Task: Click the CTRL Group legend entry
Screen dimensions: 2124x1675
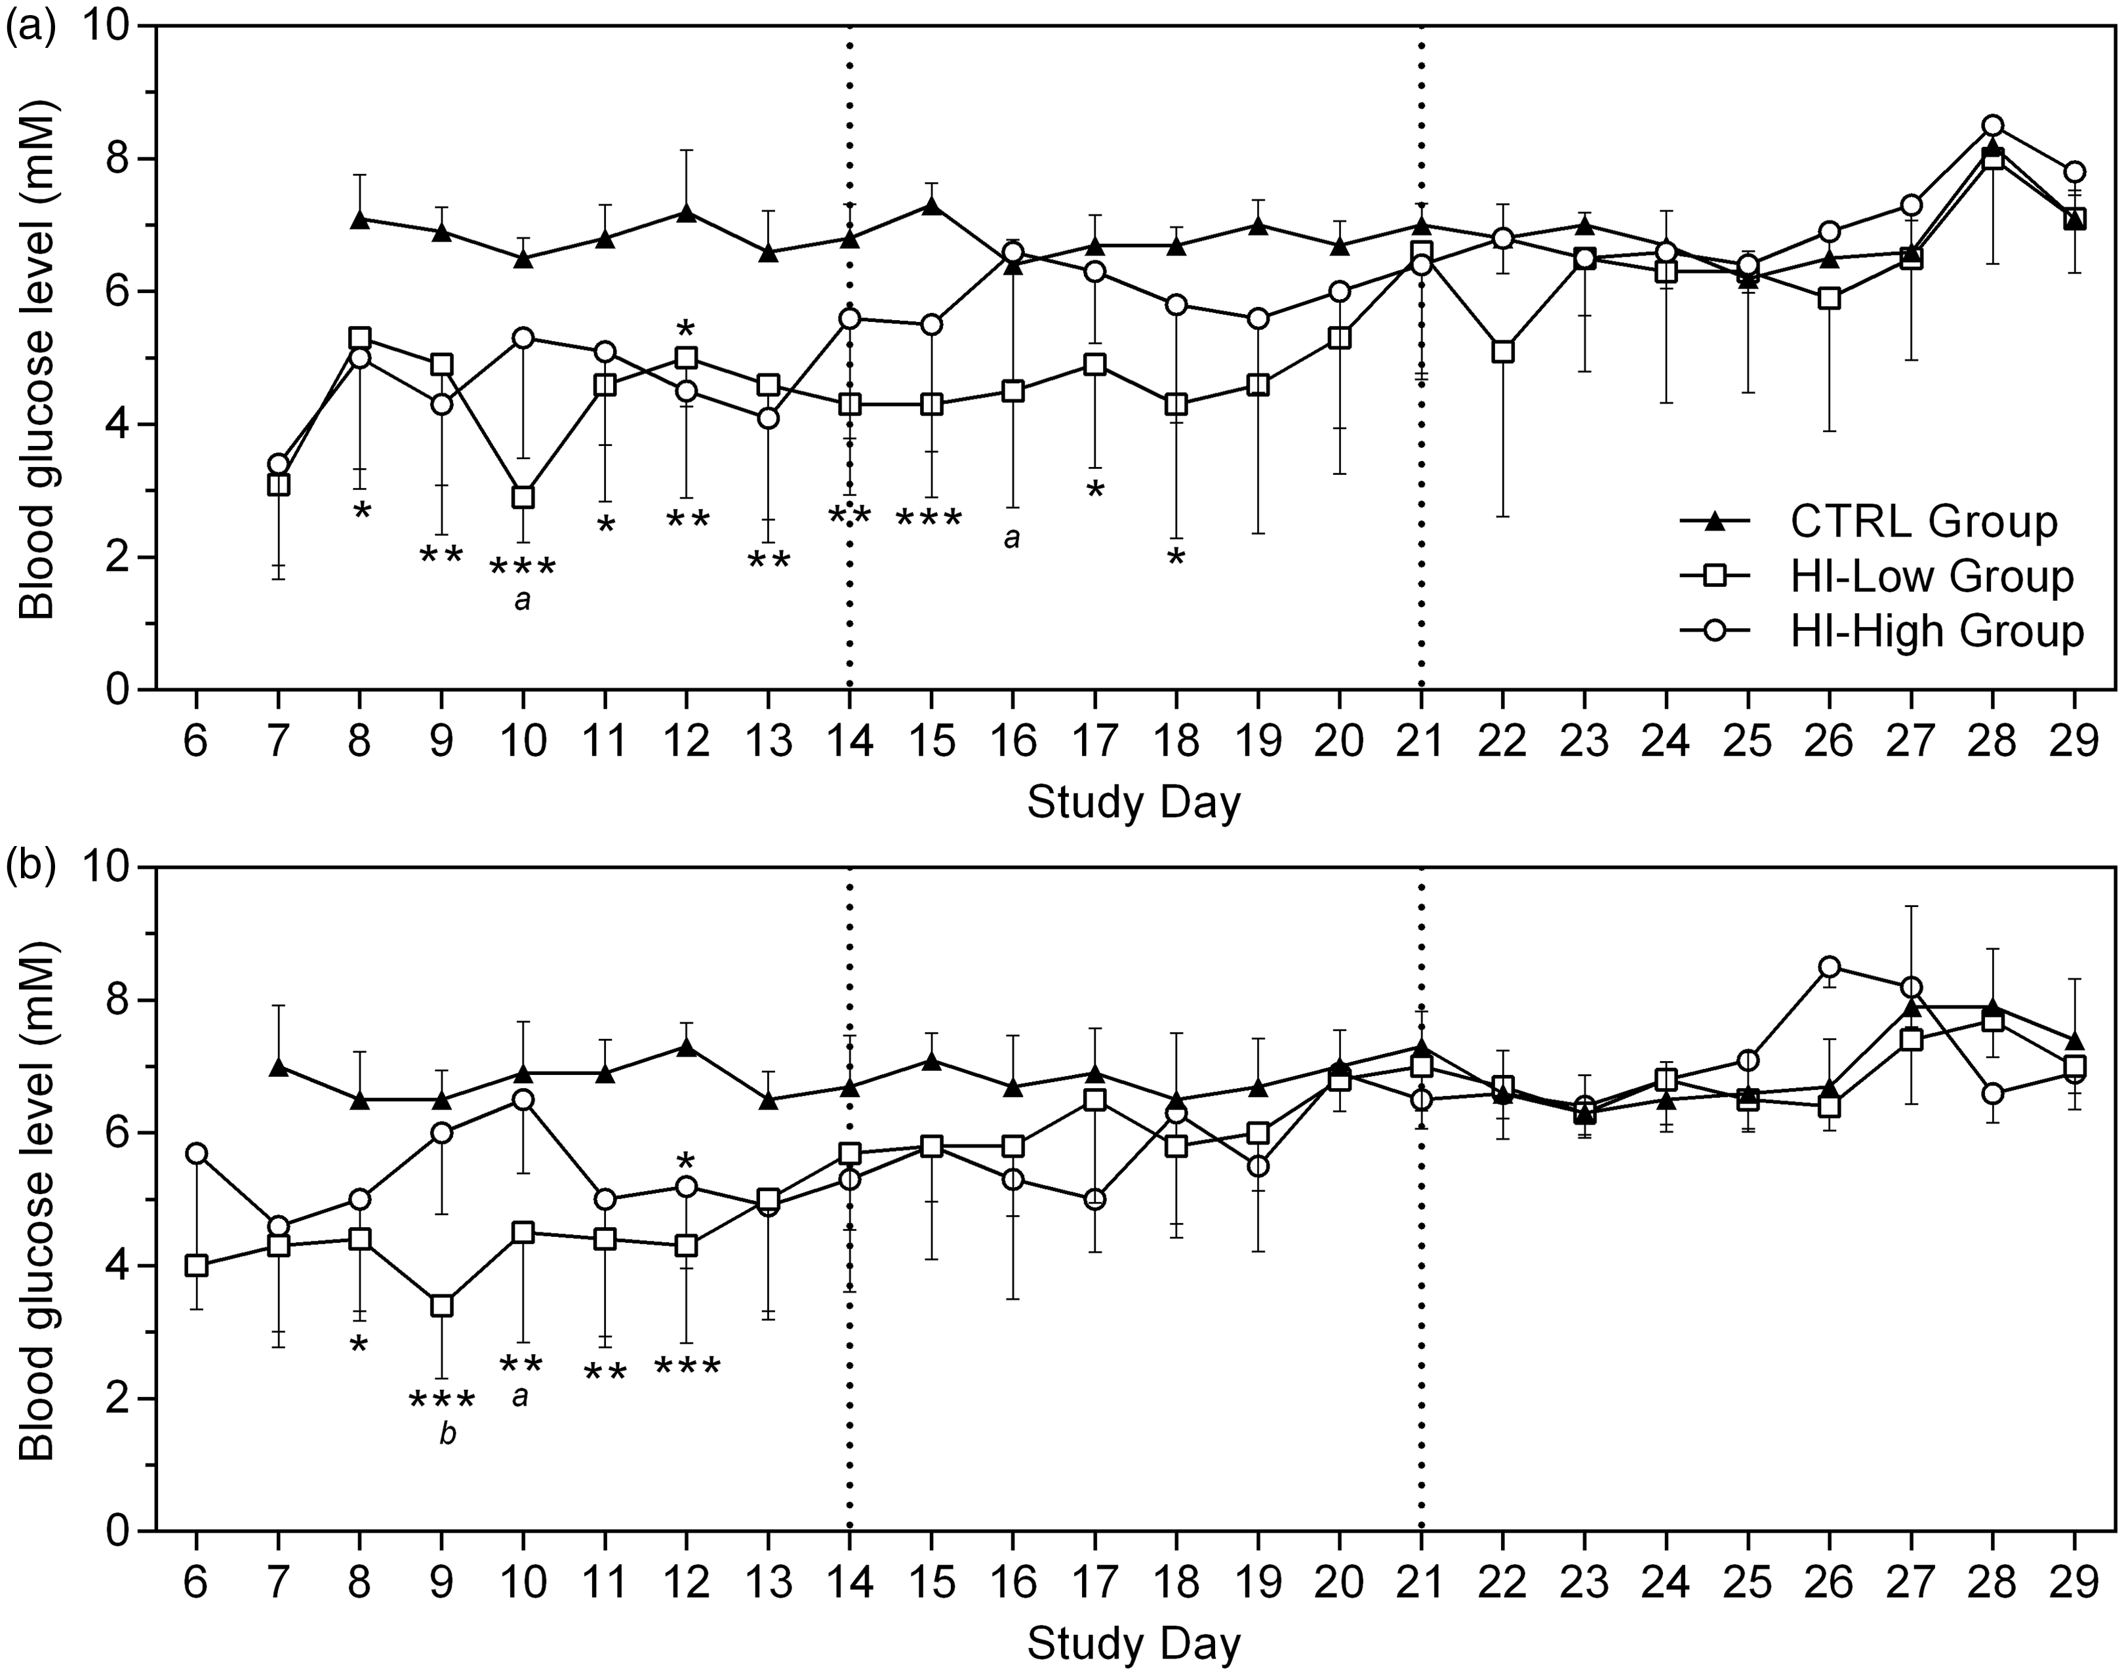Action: [x=1868, y=522]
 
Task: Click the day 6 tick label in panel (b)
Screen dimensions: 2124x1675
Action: [x=195, y=1582]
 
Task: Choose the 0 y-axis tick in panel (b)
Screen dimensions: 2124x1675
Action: [x=121, y=1531]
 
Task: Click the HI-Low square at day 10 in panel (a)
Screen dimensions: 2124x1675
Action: [x=523, y=497]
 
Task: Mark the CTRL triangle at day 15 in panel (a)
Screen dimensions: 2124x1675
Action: [x=932, y=206]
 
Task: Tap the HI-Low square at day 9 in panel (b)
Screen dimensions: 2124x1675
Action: [x=441, y=1305]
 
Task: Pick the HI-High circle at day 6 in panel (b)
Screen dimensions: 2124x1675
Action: [x=195, y=1152]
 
